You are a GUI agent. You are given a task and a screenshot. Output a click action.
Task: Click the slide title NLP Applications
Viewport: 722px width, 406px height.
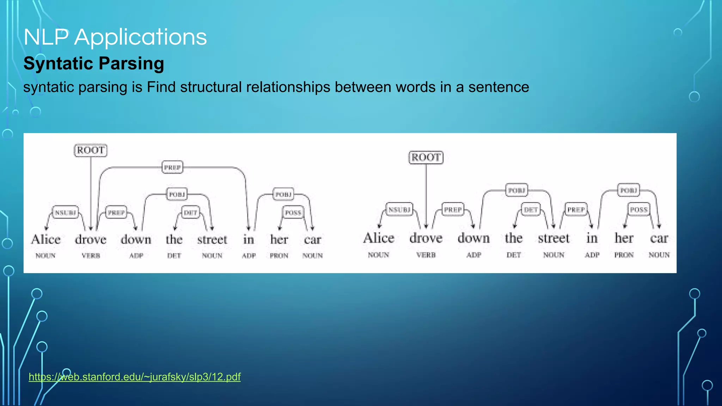pos(115,37)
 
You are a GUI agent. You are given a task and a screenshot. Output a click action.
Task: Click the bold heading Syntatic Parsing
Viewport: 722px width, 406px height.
pos(94,63)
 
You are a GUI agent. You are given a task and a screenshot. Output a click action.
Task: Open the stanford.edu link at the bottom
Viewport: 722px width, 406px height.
pos(134,377)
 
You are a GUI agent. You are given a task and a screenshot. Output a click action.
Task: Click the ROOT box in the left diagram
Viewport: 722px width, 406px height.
pos(91,150)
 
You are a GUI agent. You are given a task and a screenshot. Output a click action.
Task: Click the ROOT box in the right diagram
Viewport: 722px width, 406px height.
pos(426,157)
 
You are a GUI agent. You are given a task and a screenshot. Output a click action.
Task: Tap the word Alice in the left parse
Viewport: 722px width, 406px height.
pos(46,240)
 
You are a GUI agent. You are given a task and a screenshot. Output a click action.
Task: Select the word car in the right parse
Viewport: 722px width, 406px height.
pos(659,238)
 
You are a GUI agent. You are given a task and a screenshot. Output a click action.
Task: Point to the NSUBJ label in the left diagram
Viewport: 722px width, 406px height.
pos(65,213)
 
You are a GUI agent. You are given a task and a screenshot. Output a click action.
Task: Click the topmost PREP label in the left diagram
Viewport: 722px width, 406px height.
pos(172,167)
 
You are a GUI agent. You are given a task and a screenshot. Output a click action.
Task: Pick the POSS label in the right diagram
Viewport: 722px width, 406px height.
pos(639,210)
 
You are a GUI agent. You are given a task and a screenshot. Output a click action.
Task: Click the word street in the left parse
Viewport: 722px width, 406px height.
pos(212,240)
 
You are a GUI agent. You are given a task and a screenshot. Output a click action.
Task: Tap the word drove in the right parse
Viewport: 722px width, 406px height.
pos(426,238)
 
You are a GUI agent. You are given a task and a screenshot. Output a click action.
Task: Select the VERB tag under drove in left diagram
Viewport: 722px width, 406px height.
pos(91,256)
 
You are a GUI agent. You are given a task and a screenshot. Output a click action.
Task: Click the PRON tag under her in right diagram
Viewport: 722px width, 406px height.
pos(624,255)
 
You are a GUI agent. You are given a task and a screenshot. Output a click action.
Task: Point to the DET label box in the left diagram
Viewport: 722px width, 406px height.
pos(190,213)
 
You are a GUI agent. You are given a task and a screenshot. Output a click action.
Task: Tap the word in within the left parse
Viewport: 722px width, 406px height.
pos(249,240)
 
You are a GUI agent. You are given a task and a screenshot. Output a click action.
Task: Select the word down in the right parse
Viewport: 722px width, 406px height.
pos(473,238)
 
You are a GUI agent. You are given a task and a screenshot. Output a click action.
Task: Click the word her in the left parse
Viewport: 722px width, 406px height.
pos(279,240)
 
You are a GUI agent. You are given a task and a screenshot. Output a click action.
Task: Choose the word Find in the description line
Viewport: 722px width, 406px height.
pos(161,87)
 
